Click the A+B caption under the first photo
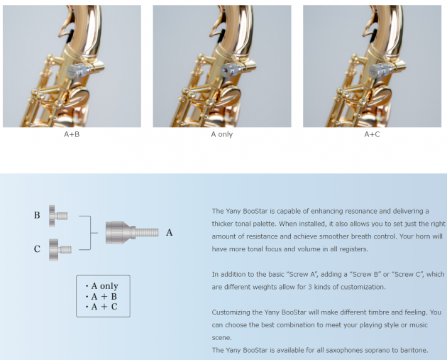tap(72, 134)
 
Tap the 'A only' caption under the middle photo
tap(222, 134)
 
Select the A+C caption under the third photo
tap(372, 134)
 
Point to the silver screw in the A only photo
tap(231, 70)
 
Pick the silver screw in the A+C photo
tap(381, 70)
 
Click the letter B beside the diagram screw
tap(37, 215)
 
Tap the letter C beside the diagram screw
tap(37, 249)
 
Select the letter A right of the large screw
tap(170, 232)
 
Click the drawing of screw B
tap(58, 216)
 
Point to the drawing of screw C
tap(60, 250)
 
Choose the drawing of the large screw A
tap(132, 232)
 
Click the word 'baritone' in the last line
tap(416, 350)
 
